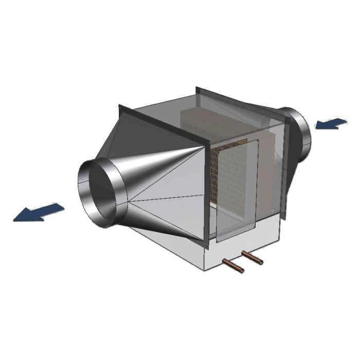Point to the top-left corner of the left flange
tap(120, 105)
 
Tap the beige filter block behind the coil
tap(265, 170)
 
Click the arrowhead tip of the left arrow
tap(14, 220)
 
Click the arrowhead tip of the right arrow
tap(315, 126)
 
